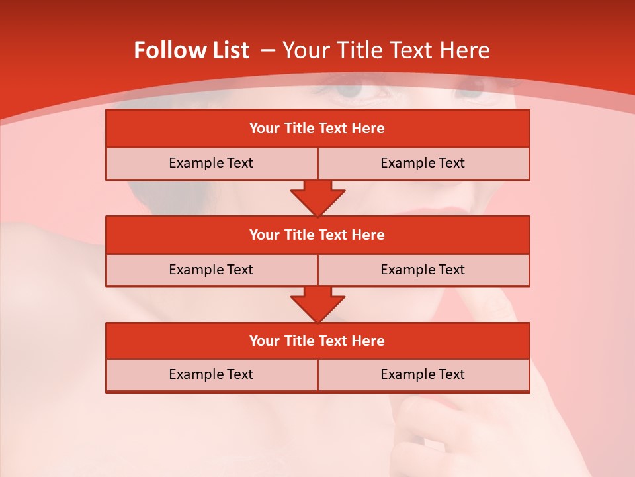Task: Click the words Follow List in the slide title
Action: click(x=191, y=50)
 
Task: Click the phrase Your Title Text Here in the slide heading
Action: click(x=386, y=50)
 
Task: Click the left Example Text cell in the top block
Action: click(x=211, y=163)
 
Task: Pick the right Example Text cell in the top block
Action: click(x=423, y=163)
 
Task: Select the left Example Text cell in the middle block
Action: click(x=211, y=270)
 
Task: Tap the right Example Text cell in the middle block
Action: click(x=423, y=270)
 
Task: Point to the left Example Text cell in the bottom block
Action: click(x=211, y=374)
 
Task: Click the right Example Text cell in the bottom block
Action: click(x=423, y=374)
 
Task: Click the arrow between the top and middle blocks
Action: click(x=317, y=197)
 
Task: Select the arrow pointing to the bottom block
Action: click(x=317, y=304)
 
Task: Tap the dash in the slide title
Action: click(x=269, y=50)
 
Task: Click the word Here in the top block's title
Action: click(x=368, y=129)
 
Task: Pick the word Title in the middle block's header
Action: click(x=300, y=235)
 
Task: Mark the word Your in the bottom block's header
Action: click(x=264, y=341)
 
